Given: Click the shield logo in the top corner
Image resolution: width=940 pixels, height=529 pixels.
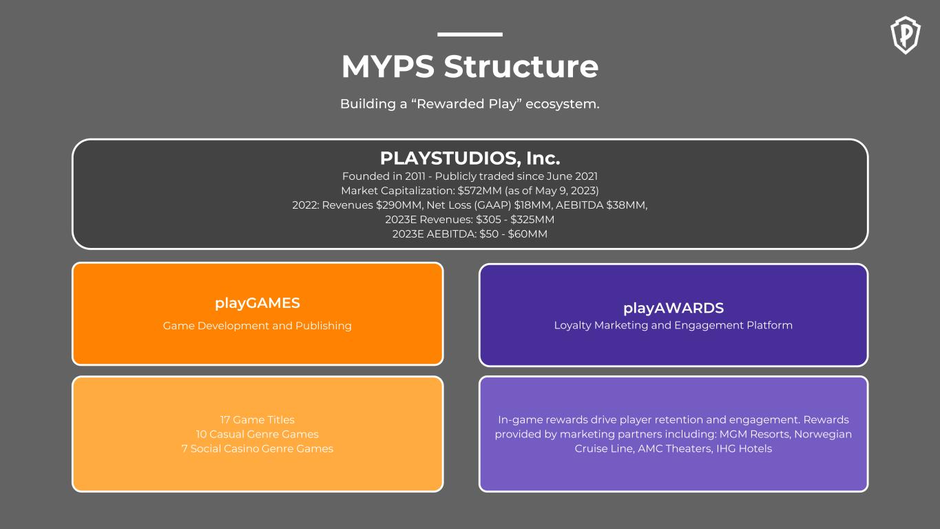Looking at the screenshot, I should click(x=906, y=35).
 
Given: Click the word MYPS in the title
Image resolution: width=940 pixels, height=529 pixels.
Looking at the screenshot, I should click(x=388, y=67).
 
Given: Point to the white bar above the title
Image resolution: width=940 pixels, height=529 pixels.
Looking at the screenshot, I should click(x=470, y=34).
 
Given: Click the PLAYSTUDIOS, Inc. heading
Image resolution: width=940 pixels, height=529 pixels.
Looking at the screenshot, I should click(x=470, y=158).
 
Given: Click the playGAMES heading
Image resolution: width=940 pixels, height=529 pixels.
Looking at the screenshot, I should click(x=258, y=303).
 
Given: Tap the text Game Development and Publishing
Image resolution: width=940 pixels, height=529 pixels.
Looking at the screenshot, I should click(x=258, y=325).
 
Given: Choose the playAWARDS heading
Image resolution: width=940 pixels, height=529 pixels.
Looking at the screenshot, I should click(x=673, y=308).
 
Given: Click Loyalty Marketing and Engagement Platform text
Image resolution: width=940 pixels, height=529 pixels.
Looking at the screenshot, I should click(x=673, y=325).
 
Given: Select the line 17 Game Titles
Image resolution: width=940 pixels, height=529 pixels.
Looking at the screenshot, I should click(x=258, y=419).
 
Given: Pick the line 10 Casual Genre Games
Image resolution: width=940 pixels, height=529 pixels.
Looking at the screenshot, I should click(x=258, y=434).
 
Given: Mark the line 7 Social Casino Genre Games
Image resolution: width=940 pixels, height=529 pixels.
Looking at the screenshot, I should click(x=258, y=448).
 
